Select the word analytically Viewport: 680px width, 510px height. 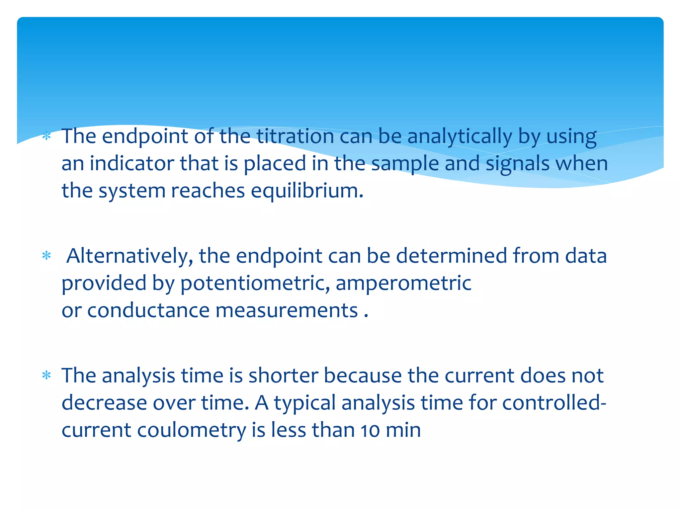coord(460,137)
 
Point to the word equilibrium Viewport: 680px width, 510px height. coord(307,191)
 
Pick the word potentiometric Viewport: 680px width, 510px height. coord(255,284)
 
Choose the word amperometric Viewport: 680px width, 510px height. coord(403,284)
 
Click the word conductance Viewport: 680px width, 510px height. coord(148,310)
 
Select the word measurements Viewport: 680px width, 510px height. coord(287,310)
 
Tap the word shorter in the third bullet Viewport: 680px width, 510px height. coord(284,376)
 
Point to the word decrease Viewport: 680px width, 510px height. coord(104,403)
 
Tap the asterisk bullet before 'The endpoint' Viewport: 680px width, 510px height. coord(47,136)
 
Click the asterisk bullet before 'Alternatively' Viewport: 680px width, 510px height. coord(47,256)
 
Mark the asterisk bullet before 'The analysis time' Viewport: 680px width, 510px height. coord(47,376)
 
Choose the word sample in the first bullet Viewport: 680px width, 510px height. coord(405,164)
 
